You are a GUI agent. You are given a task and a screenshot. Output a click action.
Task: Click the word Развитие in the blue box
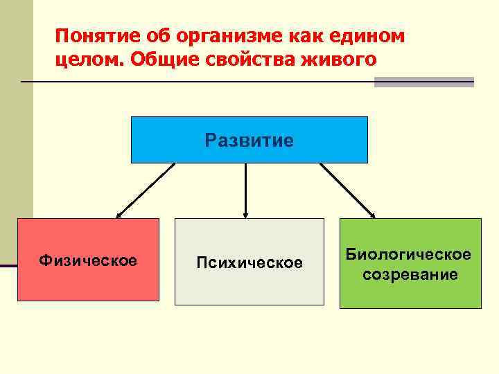pos(249,141)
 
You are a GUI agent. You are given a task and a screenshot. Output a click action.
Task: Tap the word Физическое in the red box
pos(88,260)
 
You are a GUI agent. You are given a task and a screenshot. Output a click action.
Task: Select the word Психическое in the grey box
pos(249,263)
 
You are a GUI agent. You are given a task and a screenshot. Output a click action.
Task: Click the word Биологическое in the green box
pos(410,255)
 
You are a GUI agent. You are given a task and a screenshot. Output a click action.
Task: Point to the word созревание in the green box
pos(410,274)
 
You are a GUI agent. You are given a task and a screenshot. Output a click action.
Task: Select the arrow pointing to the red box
pos(146,190)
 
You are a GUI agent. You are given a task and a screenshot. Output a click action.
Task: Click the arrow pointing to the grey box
pos(246,190)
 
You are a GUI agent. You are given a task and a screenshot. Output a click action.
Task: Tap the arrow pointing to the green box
pos(347,190)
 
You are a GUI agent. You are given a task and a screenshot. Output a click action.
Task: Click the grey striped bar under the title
pos(423,82)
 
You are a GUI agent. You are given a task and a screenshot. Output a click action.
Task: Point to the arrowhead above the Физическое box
pos(119,215)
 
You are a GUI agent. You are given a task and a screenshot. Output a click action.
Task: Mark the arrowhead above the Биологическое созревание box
pos(372,215)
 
